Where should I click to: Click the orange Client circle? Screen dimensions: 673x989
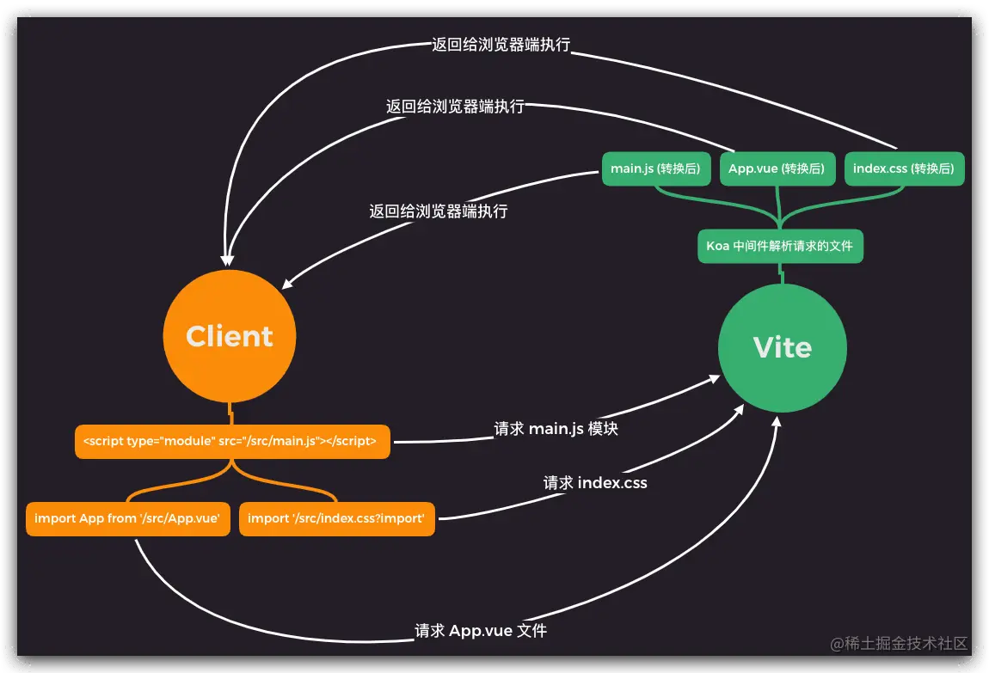[x=230, y=336]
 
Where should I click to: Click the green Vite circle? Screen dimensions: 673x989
[x=782, y=348]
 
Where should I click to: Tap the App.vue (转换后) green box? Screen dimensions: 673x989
[x=777, y=169]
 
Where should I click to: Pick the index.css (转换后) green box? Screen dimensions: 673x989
[x=904, y=169]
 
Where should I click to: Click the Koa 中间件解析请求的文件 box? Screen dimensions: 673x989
[x=779, y=246]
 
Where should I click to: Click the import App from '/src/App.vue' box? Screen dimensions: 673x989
[x=128, y=518]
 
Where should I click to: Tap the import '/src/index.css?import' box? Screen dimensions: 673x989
[x=336, y=518]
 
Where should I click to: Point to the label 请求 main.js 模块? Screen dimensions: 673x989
[x=556, y=429]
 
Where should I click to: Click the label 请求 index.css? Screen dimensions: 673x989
[x=595, y=483]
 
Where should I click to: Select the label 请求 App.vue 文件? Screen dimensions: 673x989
[x=481, y=631]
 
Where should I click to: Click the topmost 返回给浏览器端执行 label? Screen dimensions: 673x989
[x=501, y=46]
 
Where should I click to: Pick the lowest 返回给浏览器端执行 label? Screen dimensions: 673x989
[x=438, y=211]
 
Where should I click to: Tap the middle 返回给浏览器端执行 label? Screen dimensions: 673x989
[x=455, y=107]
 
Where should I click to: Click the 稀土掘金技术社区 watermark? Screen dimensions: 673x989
[x=899, y=643]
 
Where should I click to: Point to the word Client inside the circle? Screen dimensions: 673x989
[x=230, y=336]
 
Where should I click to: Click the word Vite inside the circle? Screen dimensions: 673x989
[x=782, y=348]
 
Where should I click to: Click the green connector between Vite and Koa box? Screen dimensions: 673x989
[x=781, y=272]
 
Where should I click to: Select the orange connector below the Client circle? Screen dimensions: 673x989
[x=230, y=413]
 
